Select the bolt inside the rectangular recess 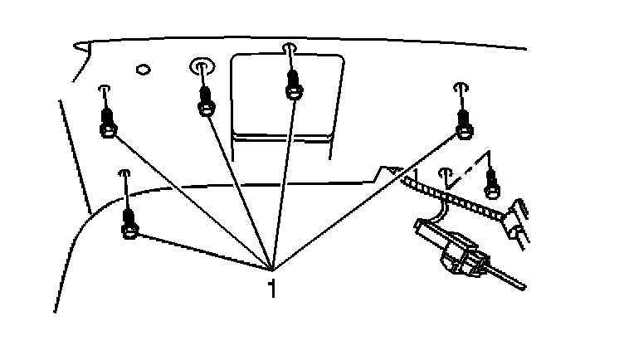click(x=293, y=83)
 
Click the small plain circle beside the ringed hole click(x=142, y=69)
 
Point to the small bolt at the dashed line click(x=491, y=183)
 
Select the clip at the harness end click(x=519, y=218)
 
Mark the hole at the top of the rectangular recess click(x=289, y=48)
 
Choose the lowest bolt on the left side click(x=129, y=222)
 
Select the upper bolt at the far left click(x=107, y=120)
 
